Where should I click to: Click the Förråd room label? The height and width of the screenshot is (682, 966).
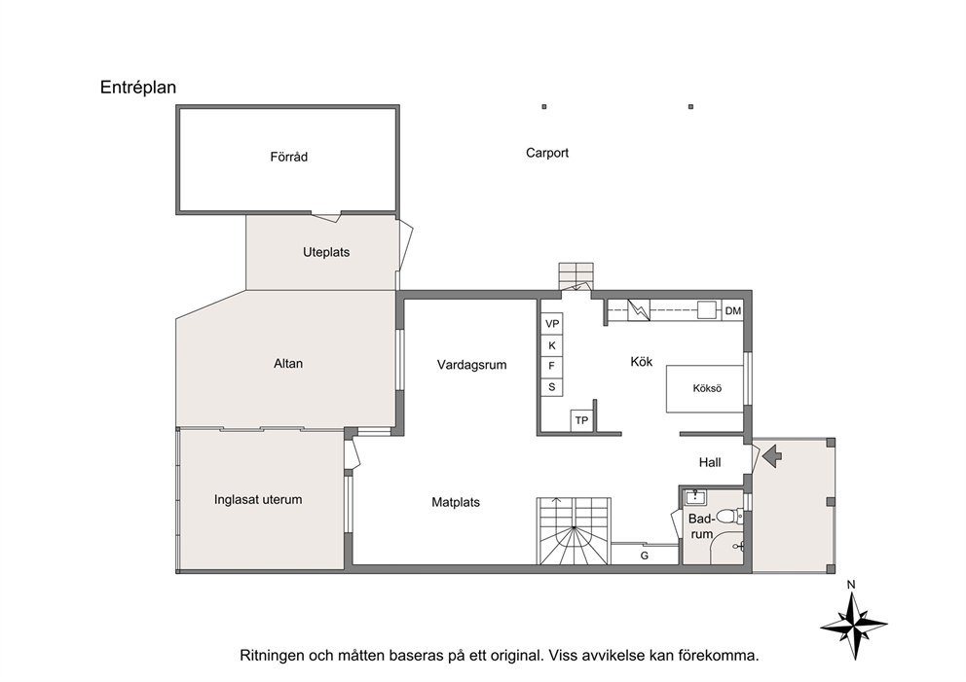[x=288, y=157]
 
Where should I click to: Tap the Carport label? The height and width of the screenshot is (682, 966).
[x=547, y=153]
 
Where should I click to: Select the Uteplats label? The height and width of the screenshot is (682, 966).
[x=326, y=252]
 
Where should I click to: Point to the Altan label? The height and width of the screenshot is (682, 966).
[x=287, y=364]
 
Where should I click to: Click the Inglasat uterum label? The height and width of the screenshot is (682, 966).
[x=258, y=500]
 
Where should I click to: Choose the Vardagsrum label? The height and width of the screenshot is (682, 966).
[x=472, y=365]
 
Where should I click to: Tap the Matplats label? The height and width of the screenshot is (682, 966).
[x=456, y=502]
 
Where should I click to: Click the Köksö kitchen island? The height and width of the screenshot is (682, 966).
[x=705, y=388]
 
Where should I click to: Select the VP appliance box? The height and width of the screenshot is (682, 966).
[x=552, y=324]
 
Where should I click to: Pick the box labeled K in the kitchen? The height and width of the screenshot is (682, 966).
[x=552, y=345]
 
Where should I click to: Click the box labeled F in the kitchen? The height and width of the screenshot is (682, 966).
[x=552, y=366]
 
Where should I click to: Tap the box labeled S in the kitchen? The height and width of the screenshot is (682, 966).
[x=552, y=386]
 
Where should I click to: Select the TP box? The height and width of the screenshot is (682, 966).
[x=581, y=420]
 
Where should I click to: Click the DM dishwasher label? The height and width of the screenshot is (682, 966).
[x=733, y=310]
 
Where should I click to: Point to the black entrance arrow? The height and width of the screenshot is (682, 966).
[x=772, y=456]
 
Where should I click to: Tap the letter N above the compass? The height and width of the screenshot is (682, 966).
[x=851, y=585]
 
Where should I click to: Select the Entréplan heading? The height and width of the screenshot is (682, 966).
[x=138, y=88]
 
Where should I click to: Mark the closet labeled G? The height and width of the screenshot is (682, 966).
[x=645, y=555]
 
